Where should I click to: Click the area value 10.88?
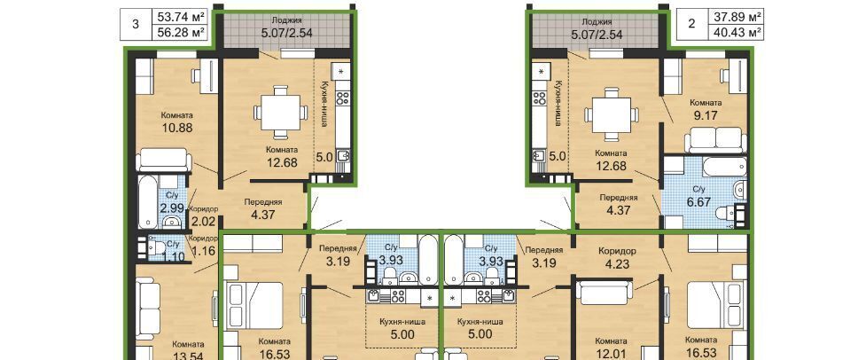point(177,128)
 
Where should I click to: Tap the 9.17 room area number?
point(706,115)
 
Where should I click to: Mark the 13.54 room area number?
point(188,356)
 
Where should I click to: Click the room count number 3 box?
point(137,25)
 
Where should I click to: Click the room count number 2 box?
point(692,25)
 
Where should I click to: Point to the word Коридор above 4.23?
point(617,250)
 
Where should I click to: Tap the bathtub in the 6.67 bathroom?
point(716,165)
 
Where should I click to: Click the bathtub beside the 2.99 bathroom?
point(147,201)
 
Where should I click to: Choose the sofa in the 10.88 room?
point(163,160)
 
